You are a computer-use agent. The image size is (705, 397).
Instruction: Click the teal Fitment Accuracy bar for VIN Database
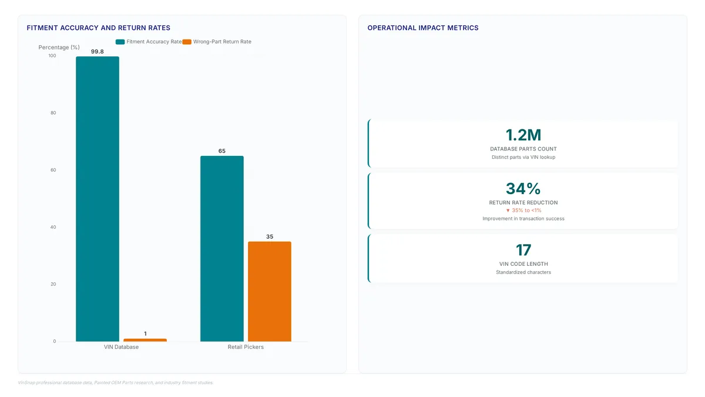coord(98,199)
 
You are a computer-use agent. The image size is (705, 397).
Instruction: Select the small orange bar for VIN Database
coord(145,340)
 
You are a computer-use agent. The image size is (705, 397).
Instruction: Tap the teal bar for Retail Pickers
coord(222,249)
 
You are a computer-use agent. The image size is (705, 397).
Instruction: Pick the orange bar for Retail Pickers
coord(270,292)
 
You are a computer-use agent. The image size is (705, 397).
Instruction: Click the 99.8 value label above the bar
coord(98,51)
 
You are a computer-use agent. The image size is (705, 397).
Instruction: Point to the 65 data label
coord(222,151)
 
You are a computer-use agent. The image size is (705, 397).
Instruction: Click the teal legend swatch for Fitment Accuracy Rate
coord(120,42)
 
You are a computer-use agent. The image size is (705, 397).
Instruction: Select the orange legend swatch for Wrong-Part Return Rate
coord(187,42)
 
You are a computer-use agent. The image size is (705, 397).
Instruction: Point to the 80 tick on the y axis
coord(53,113)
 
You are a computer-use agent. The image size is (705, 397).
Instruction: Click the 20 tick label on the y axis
coord(53,284)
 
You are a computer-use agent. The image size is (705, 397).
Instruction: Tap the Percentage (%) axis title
coord(59,47)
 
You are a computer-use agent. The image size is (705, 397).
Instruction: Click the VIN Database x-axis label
coord(121,347)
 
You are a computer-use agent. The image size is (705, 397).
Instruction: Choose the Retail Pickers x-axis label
coord(246,347)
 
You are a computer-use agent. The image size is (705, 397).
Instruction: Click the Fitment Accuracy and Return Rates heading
coord(99,28)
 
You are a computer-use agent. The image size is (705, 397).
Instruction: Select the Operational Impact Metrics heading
coord(423,28)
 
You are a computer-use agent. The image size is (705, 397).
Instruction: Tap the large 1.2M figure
coord(523,135)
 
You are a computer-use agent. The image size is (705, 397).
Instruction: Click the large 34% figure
coord(523,189)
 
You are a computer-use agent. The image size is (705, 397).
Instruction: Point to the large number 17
coord(523,250)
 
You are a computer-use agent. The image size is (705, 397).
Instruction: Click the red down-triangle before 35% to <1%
coord(508,211)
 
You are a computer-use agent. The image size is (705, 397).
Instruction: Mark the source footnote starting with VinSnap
coord(116,382)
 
